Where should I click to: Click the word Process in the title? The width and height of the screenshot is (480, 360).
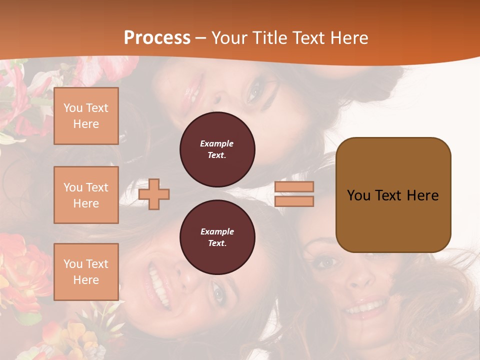coord(157,38)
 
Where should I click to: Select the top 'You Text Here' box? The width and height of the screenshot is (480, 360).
coord(86,116)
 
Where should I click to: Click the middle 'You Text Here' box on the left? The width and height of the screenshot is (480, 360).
coord(86,195)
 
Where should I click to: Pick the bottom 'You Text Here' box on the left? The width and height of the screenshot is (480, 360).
coord(86,271)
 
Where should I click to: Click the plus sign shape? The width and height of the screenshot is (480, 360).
coord(154,194)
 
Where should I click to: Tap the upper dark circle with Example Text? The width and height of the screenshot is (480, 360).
coord(217,149)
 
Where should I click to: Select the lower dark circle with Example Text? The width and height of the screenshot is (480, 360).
coord(217,237)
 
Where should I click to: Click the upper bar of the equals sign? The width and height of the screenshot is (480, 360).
coord(294,186)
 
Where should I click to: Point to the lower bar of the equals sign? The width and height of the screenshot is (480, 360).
coord(294,201)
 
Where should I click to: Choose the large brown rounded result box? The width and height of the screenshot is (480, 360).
coord(393,194)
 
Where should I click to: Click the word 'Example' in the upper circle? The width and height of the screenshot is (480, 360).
coord(217,143)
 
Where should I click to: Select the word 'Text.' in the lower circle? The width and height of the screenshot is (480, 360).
coord(217,243)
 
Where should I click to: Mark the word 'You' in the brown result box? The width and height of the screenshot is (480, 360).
coord(358,195)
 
